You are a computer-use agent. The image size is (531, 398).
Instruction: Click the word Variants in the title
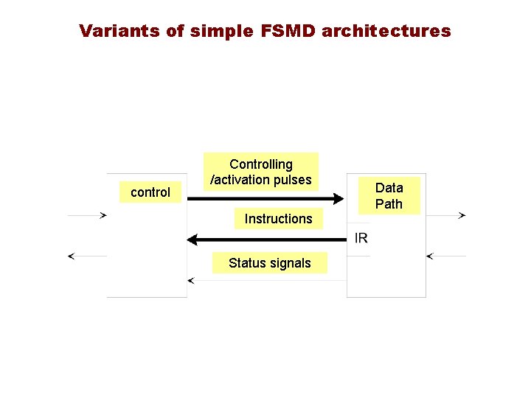[116, 31]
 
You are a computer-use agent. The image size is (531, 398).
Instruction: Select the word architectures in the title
[386, 31]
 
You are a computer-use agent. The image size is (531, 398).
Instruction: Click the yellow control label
[150, 192]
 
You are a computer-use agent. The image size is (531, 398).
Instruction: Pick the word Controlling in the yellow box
[261, 164]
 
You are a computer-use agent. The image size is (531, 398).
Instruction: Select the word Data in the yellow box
[389, 188]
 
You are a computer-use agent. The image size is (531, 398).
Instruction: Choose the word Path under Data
[389, 204]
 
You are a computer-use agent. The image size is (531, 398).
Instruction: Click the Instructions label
[278, 219]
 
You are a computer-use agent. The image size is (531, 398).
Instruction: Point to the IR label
[361, 237]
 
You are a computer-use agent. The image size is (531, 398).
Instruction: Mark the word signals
[291, 263]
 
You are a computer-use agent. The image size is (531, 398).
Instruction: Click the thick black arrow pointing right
[265, 199]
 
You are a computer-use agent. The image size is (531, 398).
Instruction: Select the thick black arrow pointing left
[265, 240]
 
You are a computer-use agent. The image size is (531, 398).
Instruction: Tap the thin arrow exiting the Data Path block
[446, 216]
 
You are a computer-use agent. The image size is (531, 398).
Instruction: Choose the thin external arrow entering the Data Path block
[446, 256]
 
